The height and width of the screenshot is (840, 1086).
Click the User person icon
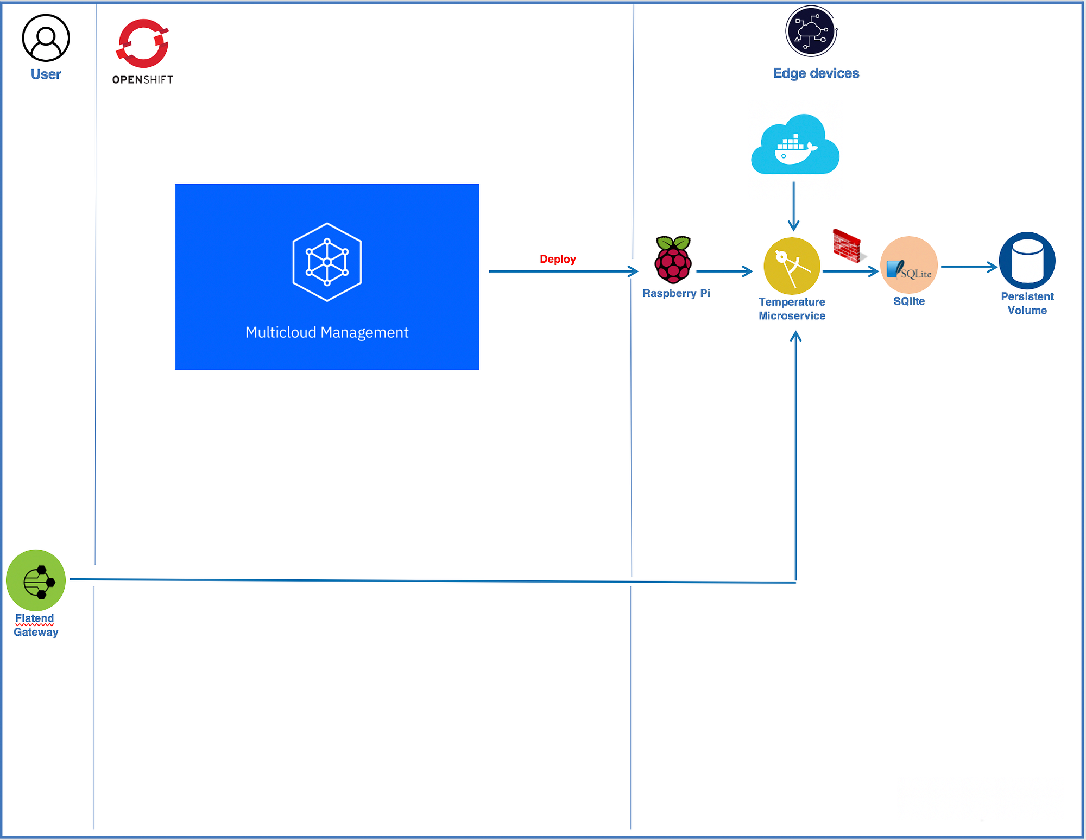pyautogui.click(x=46, y=38)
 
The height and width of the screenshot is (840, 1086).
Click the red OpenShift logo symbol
pyautogui.click(x=142, y=43)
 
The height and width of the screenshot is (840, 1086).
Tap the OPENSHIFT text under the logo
pyautogui.click(x=142, y=80)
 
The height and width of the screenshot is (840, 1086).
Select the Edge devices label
pyautogui.click(x=816, y=73)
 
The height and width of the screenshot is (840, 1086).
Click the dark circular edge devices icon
pyautogui.click(x=811, y=31)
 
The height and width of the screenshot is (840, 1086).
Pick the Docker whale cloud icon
pyautogui.click(x=795, y=145)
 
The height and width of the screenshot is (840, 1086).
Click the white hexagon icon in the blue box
pyautogui.click(x=327, y=262)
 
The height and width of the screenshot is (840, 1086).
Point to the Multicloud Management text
pyautogui.click(x=327, y=332)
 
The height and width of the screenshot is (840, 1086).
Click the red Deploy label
pyautogui.click(x=558, y=259)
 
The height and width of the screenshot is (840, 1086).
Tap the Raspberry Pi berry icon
pyautogui.click(x=673, y=260)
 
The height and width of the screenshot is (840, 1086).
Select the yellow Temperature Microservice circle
pyautogui.click(x=792, y=266)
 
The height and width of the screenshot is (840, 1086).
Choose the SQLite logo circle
pyautogui.click(x=909, y=266)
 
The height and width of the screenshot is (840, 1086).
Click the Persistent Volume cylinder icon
pyautogui.click(x=1027, y=261)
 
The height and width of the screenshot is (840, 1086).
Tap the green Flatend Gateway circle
pyautogui.click(x=36, y=580)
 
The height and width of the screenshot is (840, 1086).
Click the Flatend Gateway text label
pyautogui.click(x=36, y=625)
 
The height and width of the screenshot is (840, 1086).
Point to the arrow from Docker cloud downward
pyautogui.click(x=794, y=206)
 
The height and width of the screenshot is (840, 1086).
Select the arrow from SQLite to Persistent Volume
pyautogui.click(x=969, y=267)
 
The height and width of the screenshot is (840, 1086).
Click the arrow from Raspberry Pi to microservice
pyautogui.click(x=724, y=271)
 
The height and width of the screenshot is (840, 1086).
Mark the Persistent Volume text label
pyautogui.click(x=1027, y=304)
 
